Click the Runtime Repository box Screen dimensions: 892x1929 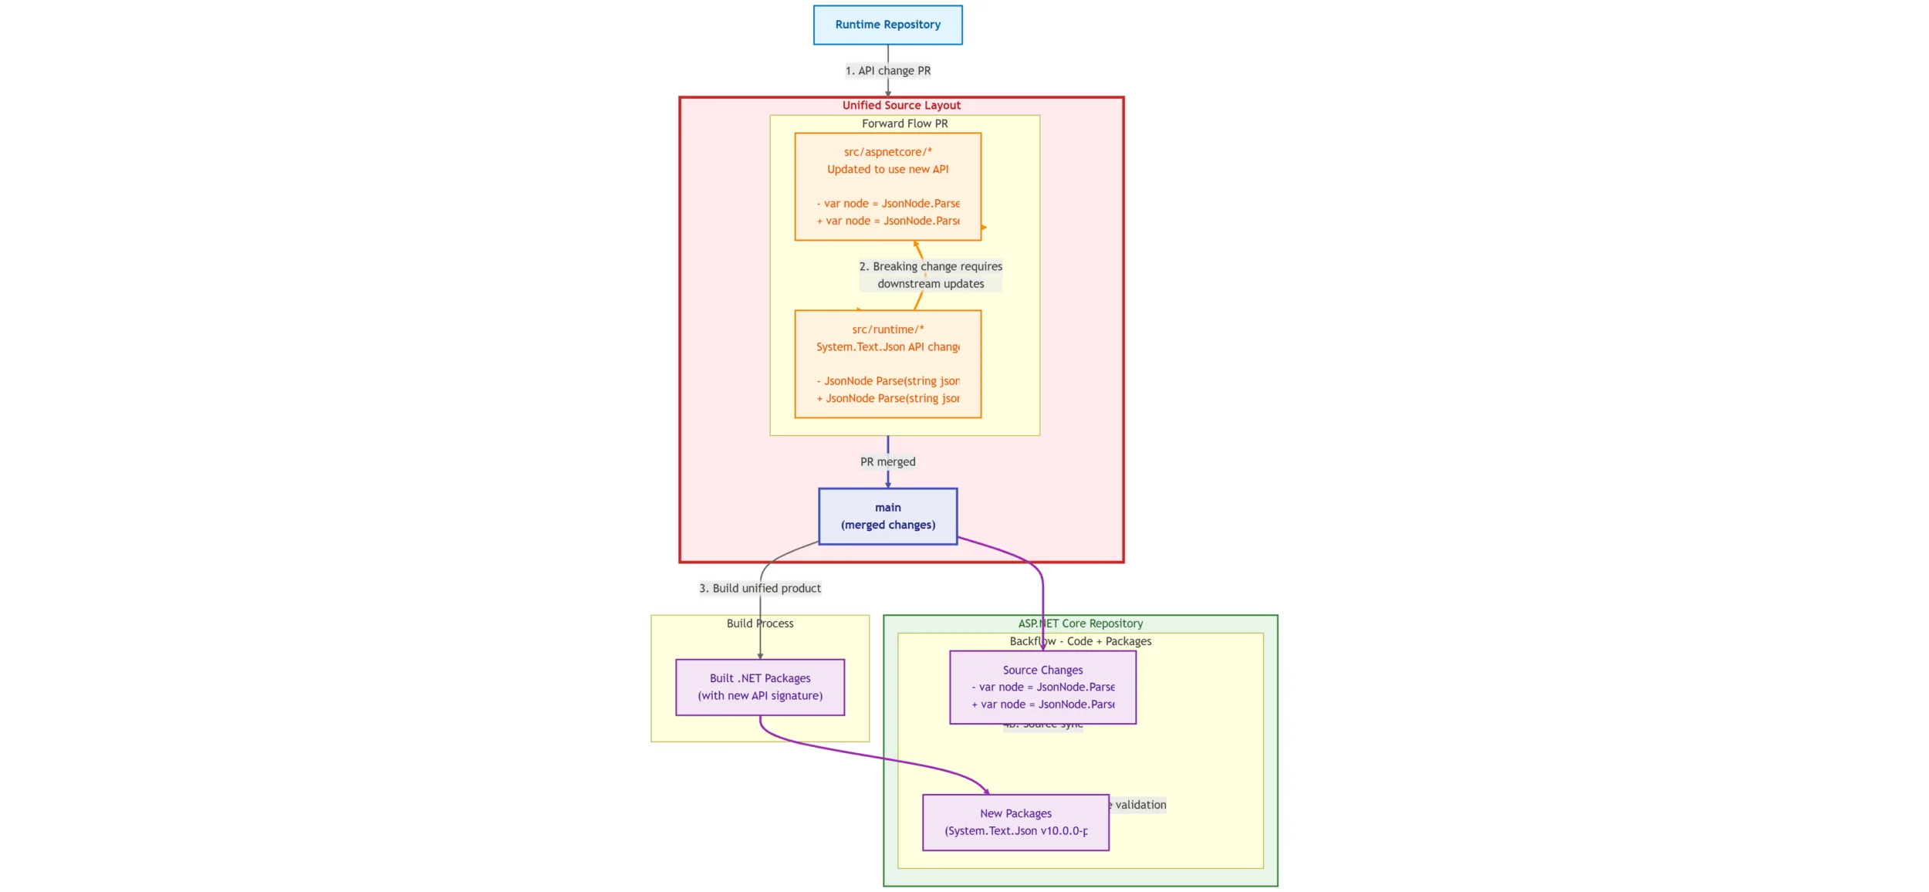point(887,25)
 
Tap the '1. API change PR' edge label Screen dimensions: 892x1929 point(887,70)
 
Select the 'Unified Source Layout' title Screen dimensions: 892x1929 point(900,105)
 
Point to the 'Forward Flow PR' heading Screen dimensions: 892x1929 point(904,123)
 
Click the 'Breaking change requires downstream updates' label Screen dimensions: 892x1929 point(931,275)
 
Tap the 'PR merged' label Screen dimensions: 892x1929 point(887,461)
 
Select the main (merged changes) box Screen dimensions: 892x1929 point(887,516)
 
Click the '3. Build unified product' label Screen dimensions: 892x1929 point(759,588)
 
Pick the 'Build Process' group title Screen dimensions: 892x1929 point(759,623)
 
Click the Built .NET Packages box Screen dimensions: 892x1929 point(759,687)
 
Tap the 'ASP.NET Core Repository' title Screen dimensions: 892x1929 point(1079,623)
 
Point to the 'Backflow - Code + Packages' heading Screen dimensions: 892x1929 point(1079,641)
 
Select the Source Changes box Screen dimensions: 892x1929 point(1042,687)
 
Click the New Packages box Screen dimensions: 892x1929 point(1015,822)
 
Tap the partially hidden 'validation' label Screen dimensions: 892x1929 point(1140,805)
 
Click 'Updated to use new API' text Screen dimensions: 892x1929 point(887,169)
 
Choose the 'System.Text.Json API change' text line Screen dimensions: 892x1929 point(887,347)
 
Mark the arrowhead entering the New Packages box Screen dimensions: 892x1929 point(986,791)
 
